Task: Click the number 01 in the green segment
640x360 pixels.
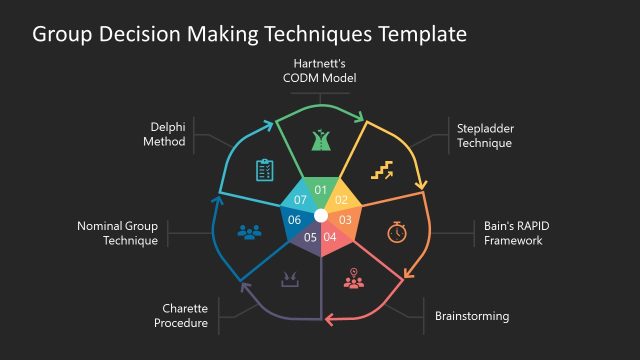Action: point(320,190)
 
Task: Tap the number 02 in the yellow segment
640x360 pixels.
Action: point(340,199)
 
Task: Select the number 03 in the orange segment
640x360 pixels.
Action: point(345,219)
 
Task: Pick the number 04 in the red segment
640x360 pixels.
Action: point(331,237)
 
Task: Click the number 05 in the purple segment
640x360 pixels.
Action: point(310,237)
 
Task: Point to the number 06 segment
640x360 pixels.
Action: point(295,220)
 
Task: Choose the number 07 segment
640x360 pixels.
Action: point(300,200)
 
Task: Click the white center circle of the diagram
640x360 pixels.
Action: point(320,215)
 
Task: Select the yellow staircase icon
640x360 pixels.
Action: point(382,171)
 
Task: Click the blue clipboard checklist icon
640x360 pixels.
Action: point(264,171)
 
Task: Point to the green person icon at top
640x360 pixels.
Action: point(320,140)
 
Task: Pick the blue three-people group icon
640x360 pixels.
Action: point(248,232)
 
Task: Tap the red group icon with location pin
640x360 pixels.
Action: point(353,279)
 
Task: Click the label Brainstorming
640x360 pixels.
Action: point(472,316)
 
